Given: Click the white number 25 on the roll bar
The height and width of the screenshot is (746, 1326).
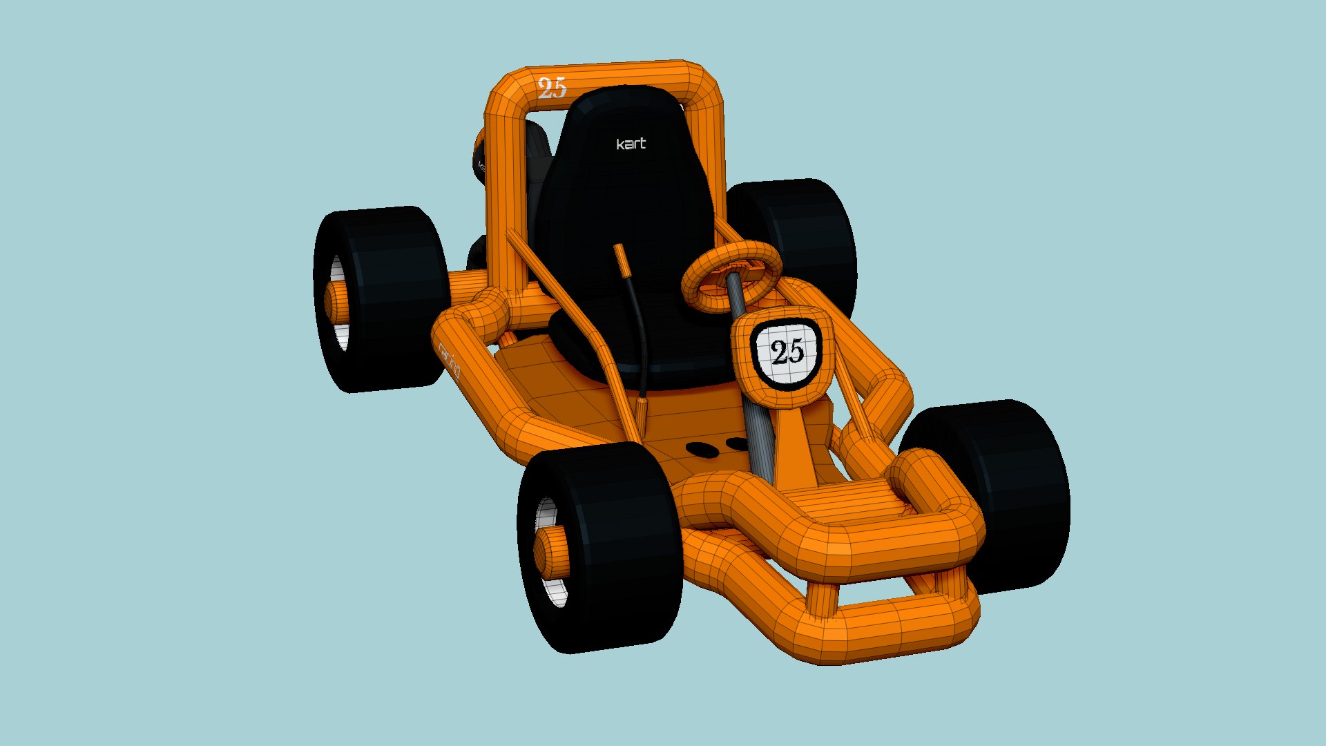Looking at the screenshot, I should [x=552, y=88].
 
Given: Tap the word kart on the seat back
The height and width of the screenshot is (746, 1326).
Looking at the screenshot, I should [x=631, y=144].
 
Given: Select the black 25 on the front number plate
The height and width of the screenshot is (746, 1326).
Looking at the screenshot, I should [x=787, y=352].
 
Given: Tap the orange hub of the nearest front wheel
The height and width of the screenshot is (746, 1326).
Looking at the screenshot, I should [x=551, y=553].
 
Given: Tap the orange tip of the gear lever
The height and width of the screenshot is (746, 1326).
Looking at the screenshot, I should [x=621, y=259].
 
